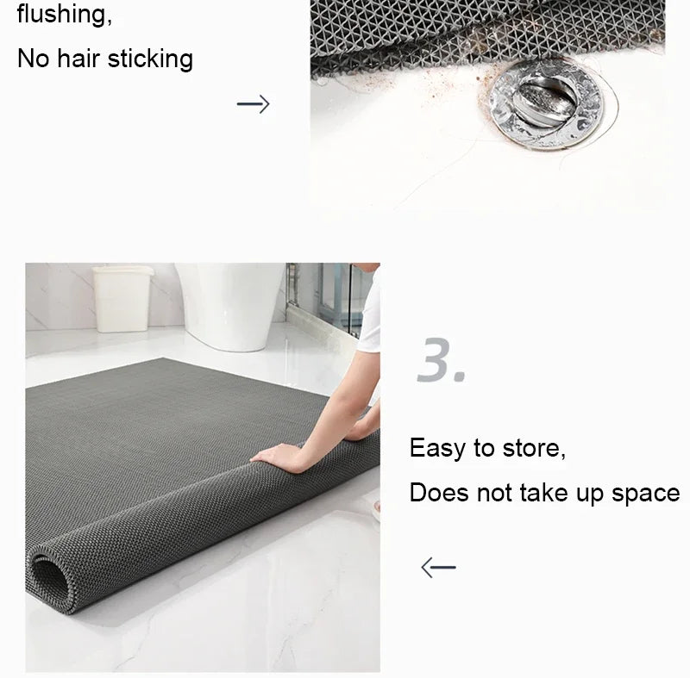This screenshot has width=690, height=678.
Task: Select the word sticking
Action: (152, 59)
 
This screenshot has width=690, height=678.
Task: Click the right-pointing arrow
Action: (253, 105)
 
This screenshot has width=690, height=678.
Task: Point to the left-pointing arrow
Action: (438, 567)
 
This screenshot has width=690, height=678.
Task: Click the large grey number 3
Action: (440, 360)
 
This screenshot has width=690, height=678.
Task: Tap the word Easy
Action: (438, 449)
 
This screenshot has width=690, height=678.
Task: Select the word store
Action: (532, 449)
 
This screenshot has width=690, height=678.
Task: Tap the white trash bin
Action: (122, 298)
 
